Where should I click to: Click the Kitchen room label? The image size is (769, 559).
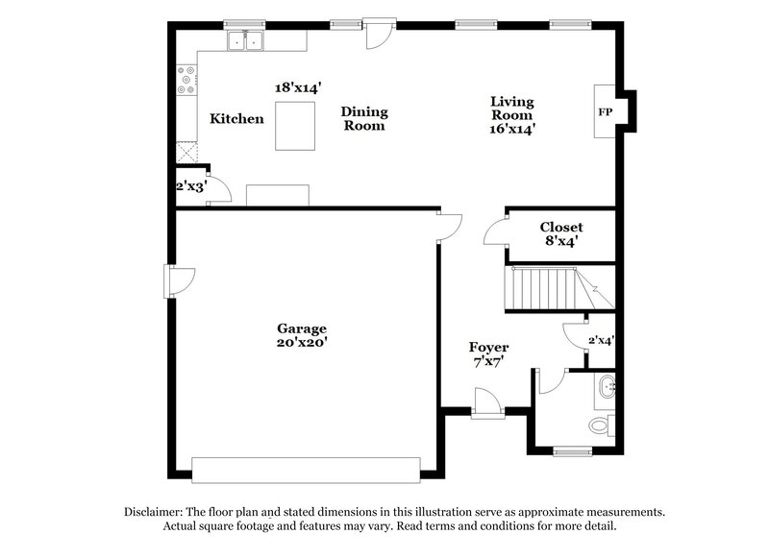236,119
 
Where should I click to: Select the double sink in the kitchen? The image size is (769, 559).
245,40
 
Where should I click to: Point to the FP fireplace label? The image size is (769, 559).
606,112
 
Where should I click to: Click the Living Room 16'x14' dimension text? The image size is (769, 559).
512,127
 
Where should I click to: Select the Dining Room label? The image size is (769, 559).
364,119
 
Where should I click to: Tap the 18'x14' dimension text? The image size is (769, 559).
298,87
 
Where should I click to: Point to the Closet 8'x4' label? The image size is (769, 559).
560,234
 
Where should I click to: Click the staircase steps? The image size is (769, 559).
544,288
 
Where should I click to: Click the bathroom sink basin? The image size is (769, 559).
607,389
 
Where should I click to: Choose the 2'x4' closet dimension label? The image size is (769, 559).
601,339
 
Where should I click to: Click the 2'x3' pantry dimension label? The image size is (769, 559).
191,186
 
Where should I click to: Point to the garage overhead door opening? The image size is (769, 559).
306,469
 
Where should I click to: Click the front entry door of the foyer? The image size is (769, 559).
486,404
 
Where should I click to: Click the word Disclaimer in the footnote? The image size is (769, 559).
157,513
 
